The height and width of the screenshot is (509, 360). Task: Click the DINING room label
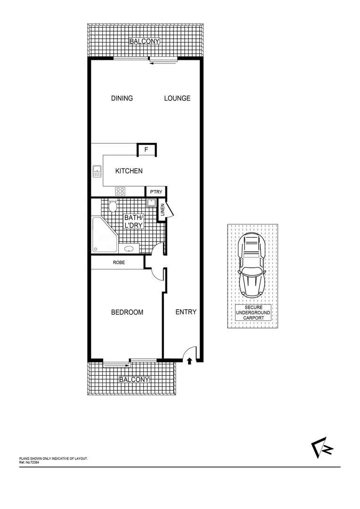tap(122, 98)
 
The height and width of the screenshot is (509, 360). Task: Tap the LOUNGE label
tap(177, 98)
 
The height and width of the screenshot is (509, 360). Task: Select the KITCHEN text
tap(129, 171)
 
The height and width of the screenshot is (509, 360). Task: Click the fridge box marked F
tap(147, 150)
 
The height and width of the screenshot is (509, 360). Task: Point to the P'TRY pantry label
tap(156, 192)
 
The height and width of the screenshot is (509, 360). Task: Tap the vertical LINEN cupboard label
tap(162, 210)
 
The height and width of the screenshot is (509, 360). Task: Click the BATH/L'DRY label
tap(133, 222)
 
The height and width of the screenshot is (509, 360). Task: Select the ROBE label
tap(118, 263)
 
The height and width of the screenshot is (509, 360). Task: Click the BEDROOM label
tap(127, 312)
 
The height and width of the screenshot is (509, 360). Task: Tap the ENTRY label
tap(186, 312)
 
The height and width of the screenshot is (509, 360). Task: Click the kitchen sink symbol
tap(98, 171)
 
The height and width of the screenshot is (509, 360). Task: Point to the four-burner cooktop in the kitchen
tap(121, 191)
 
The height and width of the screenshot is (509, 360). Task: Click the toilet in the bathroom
tap(113, 206)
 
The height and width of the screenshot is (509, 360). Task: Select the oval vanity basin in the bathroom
tap(129, 249)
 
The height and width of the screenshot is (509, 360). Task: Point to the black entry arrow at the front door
tap(189, 361)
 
